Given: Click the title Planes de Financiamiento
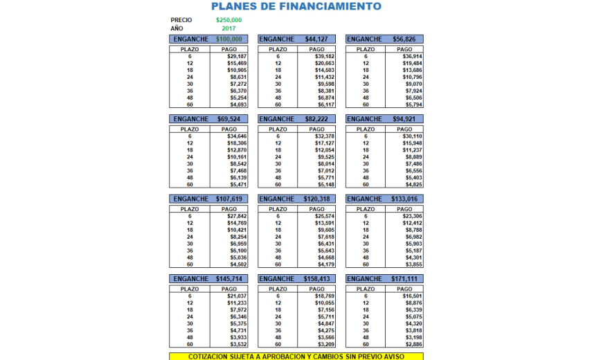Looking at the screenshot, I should [x=296, y=7].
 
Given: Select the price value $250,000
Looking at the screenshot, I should [x=229, y=20].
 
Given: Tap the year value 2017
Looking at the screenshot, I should [x=229, y=28].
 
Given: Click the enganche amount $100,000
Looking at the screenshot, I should [x=229, y=39].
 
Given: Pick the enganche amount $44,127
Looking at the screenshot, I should [x=316, y=39].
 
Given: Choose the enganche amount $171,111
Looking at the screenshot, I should [x=405, y=279].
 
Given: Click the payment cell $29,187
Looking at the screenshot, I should [x=237, y=57].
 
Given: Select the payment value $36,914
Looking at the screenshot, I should [x=413, y=57].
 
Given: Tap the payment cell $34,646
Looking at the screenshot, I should [x=237, y=136].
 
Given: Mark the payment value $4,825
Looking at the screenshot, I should [x=413, y=185].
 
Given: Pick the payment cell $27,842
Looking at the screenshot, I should [x=237, y=216].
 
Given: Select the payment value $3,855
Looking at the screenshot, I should [x=413, y=264].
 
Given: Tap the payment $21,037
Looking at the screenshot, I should [x=237, y=296].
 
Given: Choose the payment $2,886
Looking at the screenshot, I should [x=413, y=344].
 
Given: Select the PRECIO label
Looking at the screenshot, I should [x=181, y=20].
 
